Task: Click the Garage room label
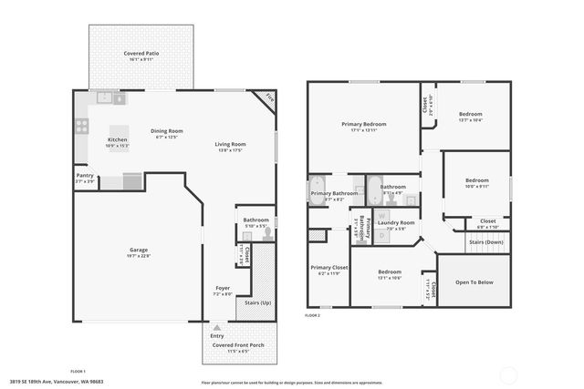click(138, 250)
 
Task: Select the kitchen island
click(119, 137)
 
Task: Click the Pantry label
click(85, 176)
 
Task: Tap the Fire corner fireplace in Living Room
click(268, 97)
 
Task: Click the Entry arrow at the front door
click(216, 327)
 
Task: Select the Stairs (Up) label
click(253, 302)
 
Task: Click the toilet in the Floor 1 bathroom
click(267, 233)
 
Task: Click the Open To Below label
click(474, 282)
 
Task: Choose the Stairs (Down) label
click(485, 242)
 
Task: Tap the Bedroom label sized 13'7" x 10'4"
click(475, 114)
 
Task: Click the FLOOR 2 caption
click(313, 315)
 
